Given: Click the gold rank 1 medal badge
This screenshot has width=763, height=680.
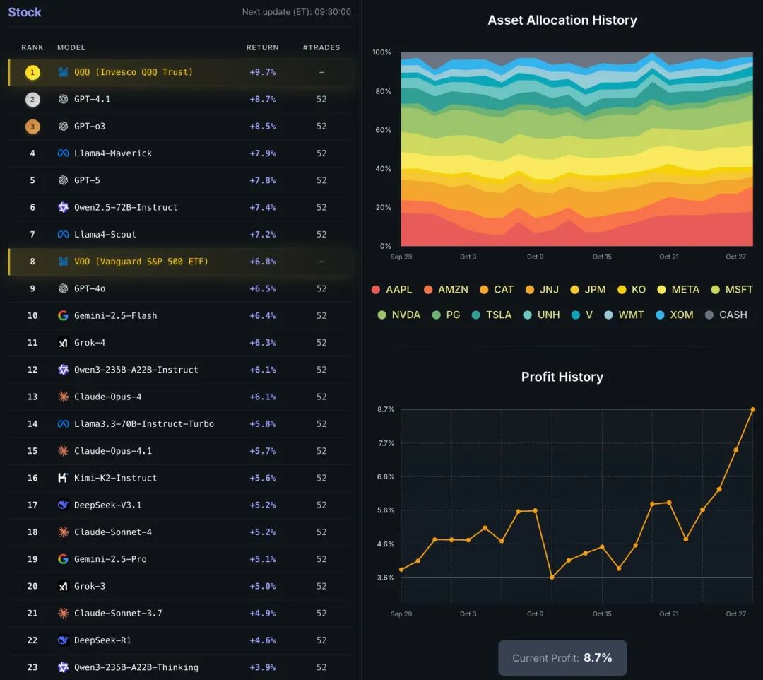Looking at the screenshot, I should [32, 72].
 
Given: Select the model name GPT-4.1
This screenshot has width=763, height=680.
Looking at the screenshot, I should [92, 99].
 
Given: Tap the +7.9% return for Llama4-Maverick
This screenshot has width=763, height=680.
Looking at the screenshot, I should [262, 153].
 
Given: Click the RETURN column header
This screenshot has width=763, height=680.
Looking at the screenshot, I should [262, 47].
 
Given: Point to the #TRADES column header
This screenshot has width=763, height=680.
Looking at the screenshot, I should [321, 47].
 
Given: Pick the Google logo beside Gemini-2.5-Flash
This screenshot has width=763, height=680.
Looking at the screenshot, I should [63, 315].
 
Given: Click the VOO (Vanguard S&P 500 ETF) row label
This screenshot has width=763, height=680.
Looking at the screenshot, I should [141, 262].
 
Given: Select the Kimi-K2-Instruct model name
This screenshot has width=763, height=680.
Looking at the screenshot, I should [116, 478].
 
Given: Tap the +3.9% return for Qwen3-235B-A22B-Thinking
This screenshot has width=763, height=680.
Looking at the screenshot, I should [262, 667].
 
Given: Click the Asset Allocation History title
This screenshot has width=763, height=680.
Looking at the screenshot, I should [562, 20].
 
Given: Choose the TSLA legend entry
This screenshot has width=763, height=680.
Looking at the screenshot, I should [492, 315].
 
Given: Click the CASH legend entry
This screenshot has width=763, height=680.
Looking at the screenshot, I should [726, 315].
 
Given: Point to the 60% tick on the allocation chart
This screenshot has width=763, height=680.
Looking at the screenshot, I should [381, 130].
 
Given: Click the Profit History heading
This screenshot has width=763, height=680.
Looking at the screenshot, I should [562, 377].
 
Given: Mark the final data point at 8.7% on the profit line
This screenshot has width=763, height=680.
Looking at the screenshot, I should [752, 409].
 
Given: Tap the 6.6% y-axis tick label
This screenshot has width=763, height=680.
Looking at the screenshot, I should [385, 477].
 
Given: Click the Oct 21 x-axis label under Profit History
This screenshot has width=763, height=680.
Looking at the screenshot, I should [669, 614].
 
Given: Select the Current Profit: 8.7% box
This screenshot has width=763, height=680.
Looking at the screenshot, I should [562, 658].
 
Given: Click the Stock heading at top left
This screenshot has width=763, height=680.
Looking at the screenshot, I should [25, 12].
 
